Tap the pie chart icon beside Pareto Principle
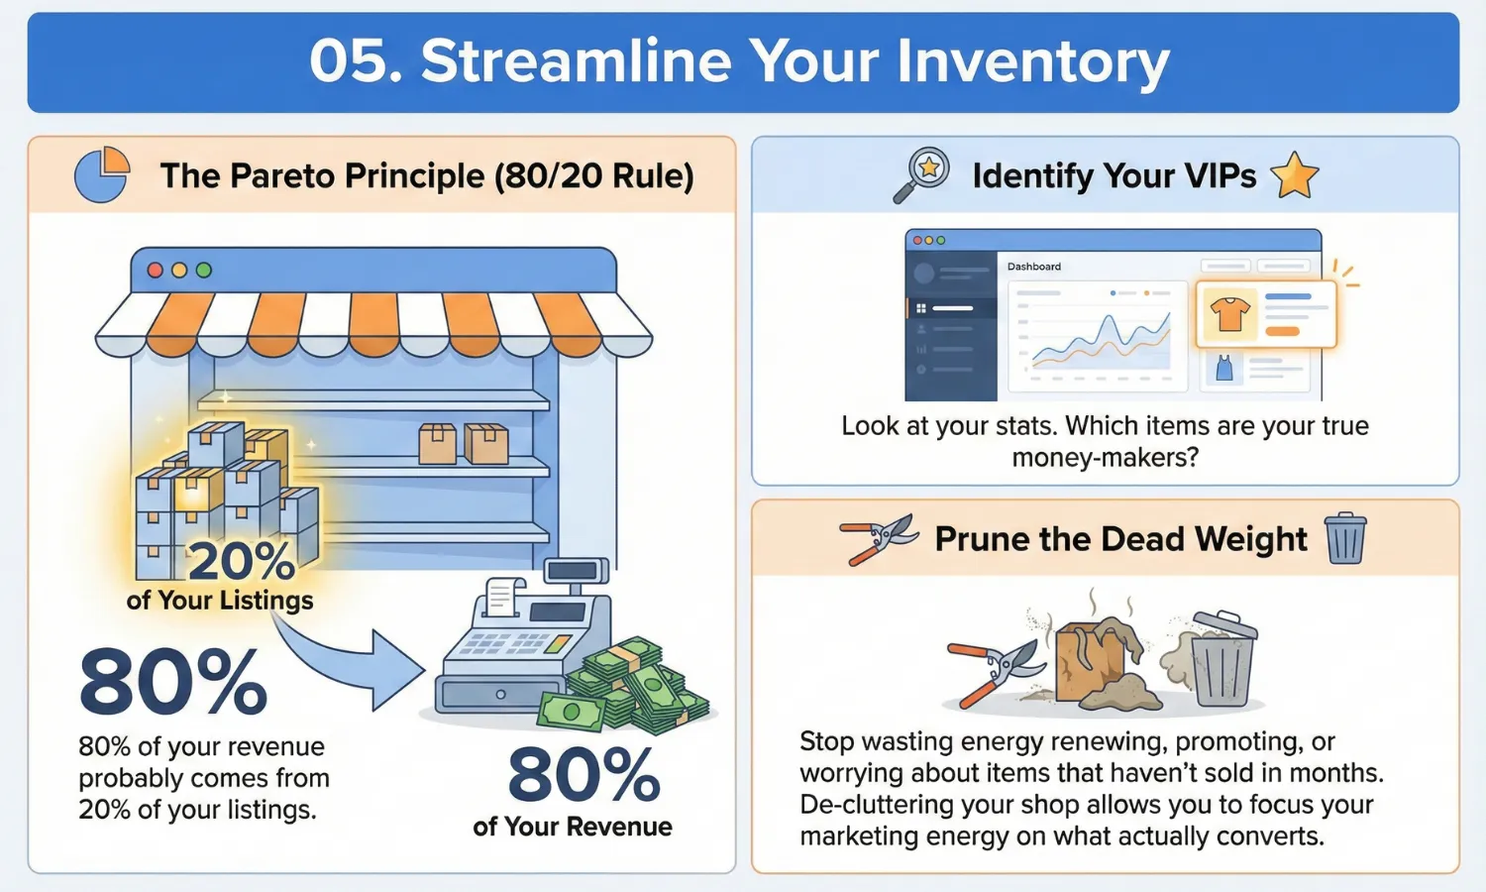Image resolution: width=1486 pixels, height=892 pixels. pyautogui.click(x=102, y=174)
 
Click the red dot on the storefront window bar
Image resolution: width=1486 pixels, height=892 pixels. pyautogui.click(x=155, y=270)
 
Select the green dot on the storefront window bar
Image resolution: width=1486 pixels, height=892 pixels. pyautogui.click(x=204, y=270)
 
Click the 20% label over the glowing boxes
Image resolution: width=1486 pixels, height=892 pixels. pyautogui.click(x=241, y=562)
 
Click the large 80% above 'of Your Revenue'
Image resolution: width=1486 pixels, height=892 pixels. pyautogui.click(x=584, y=775)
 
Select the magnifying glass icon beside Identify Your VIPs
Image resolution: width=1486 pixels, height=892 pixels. pyautogui.click(x=921, y=175)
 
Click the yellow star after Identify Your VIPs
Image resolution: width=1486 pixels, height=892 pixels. pyautogui.click(x=1294, y=175)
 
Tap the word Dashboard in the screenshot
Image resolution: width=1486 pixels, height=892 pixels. pyautogui.click(x=1033, y=267)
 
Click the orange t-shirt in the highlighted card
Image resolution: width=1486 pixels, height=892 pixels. pyautogui.click(x=1229, y=314)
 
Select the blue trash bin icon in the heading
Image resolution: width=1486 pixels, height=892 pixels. pyautogui.click(x=1345, y=538)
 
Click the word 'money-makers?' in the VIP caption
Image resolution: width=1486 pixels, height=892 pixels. pyautogui.click(x=1105, y=458)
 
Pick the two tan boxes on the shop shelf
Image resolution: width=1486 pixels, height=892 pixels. pyautogui.click(x=464, y=443)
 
